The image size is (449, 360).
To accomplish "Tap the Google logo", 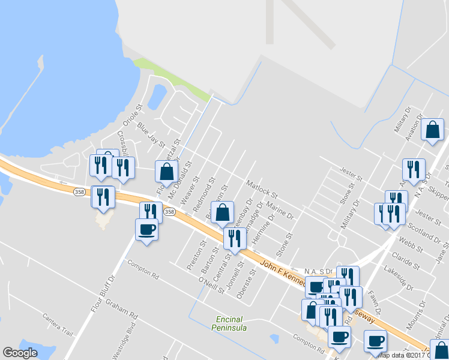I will click(x=20, y=353).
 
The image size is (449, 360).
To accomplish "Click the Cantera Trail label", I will click(x=58, y=324).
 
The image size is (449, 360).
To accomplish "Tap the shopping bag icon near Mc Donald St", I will click(x=167, y=172).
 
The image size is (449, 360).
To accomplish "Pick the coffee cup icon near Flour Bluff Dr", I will click(x=147, y=229).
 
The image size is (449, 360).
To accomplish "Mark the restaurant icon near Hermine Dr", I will click(x=235, y=239).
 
